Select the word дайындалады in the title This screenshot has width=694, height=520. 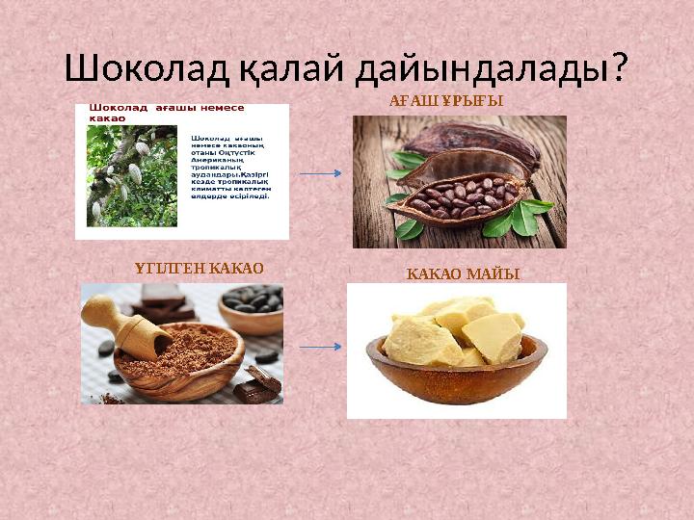pos(482,68)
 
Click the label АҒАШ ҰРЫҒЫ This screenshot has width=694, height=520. pos(446,100)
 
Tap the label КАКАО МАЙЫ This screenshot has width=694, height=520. pos(463,274)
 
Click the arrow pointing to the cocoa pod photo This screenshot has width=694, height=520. pos(320,173)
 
